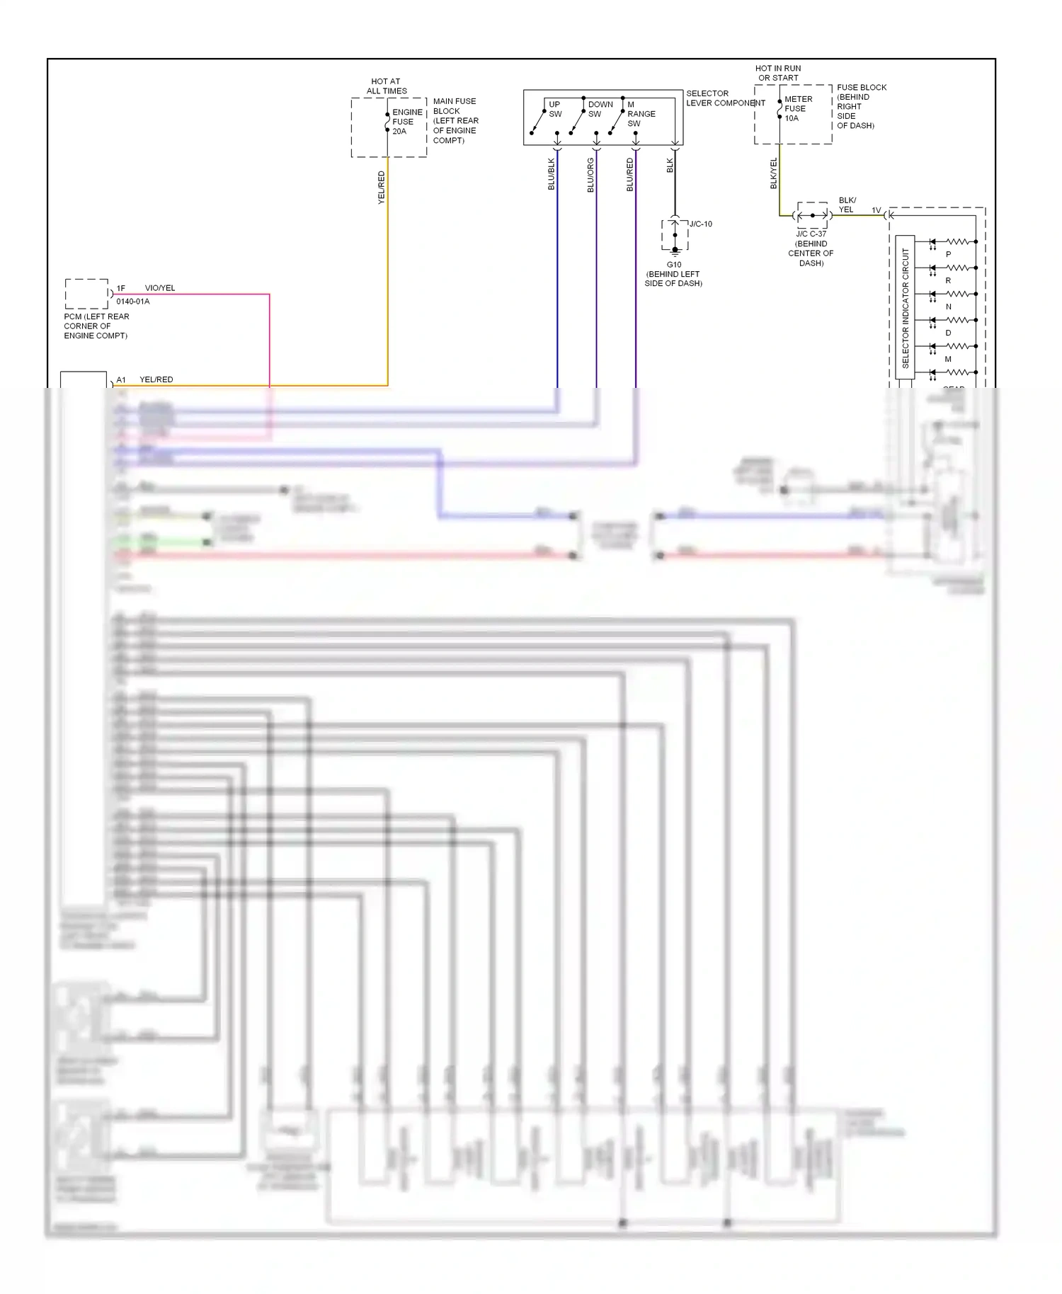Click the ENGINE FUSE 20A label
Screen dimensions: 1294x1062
pyautogui.click(x=407, y=122)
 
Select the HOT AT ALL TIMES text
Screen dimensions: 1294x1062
pyautogui.click(x=386, y=86)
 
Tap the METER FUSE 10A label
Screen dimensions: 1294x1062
pyautogui.click(x=798, y=108)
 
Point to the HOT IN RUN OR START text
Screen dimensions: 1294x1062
pyautogui.click(x=778, y=73)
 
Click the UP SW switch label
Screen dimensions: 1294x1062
pyautogui.click(x=554, y=109)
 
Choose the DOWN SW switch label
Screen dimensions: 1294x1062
pyautogui.click(x=600, y=109)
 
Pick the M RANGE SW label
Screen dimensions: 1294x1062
pyautogui.click(x=640, y=113)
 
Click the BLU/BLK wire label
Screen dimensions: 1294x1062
pyautogui.click(x=552, y=174)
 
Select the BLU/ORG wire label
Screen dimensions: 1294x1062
pyautogui.click(x=590, y=175)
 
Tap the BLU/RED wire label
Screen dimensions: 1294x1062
pyautogui.click(x=629, y=175)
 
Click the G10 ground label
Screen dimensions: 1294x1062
pyautogui.click(x=674, y=265)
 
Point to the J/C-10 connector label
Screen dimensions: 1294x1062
pyautogui.click(x=700, y=224)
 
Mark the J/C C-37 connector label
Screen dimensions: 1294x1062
pyautogui.click(x=811, y=234)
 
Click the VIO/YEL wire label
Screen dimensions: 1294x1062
pyautogui.click(x=159, y=288)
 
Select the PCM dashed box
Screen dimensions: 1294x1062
pyautogui.click(x=86, y=294)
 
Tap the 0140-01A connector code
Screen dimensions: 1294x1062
pyautogui.click(x=133, y=302)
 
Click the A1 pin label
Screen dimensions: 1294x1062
pyautogui.click(x=121, y=380)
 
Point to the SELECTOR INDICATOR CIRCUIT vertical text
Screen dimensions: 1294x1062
pyautogui.click(x=905, y=307)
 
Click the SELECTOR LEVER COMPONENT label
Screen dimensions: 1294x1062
pyautogui.click(x=725, y=98)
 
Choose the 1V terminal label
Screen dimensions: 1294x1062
pyautogui.click(x=876, y=210)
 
